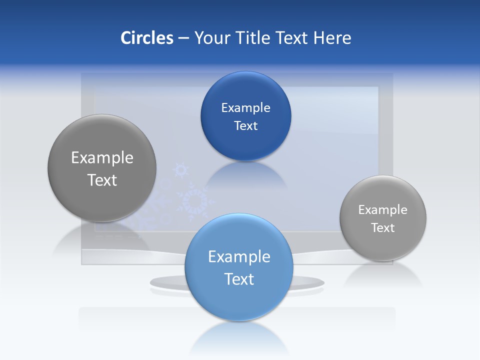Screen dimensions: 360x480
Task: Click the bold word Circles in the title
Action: pos(147,38)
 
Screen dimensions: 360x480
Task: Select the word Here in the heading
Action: pos(332,38)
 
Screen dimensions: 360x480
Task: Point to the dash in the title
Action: pos(183,38)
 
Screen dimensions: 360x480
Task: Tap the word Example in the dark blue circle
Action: pos(245,107)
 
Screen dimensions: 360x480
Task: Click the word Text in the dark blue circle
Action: pos(245,125)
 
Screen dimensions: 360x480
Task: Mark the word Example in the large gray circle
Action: pos(102,157)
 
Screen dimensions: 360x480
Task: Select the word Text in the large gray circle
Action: pos(102,180)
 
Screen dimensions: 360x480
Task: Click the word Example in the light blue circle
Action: pos(239,256)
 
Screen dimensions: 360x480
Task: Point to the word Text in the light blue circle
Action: pos(239,279)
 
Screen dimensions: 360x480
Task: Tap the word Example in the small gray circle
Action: pos(382,209)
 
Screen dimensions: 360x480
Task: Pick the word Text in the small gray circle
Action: pos(382,227)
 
